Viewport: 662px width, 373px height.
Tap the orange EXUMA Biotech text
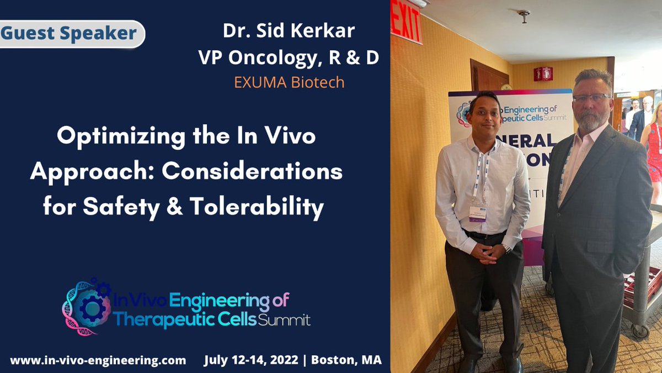coord(289,82)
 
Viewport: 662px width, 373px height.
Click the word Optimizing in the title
coord(111,135)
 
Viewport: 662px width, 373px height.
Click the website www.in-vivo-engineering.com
coord(98,360)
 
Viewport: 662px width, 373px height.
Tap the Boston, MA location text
coord(346,360)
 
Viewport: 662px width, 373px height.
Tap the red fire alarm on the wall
coord(543,73)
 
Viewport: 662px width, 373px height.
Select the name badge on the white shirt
coord(477,213)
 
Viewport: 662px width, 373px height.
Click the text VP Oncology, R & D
coord(289,57)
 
